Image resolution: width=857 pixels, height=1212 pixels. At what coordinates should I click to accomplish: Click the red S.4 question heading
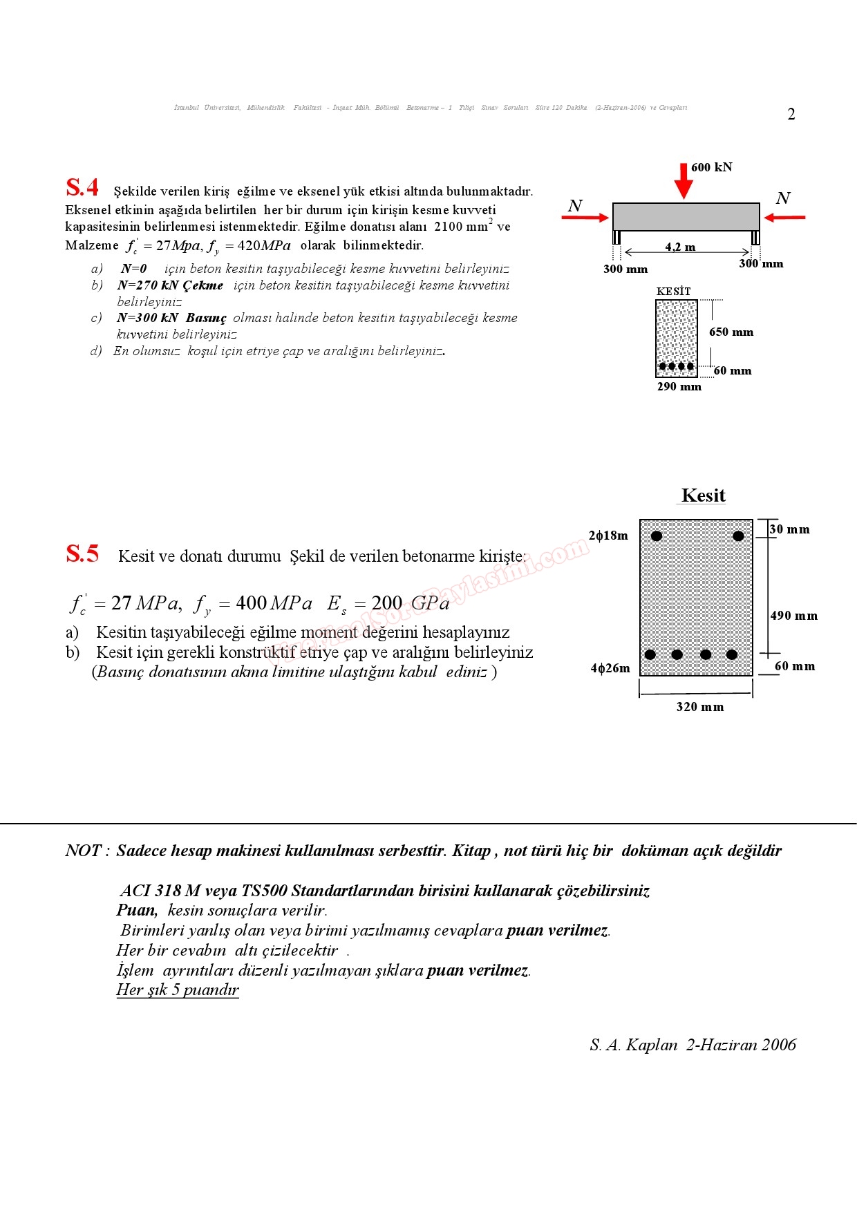pyautogui.click(x=82, y=188)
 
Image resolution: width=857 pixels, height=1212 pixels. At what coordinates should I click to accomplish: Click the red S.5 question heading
pyautogui.click(x=82, y=554)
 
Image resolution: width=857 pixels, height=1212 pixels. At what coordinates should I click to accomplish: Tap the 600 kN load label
pyautogui.click(x=711, y=167)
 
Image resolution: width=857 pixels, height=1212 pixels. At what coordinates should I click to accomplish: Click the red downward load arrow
pyautogui.click(x=684, y=181)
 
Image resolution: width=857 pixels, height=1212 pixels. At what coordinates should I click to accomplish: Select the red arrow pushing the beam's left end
pyautogui.click(x=585, y=218)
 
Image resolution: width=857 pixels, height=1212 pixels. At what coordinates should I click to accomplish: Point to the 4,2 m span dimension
pyautogui.click(x=680, y=247)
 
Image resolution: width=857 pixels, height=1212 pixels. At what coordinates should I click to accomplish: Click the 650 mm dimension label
pyautogui.click(x=731, y=332)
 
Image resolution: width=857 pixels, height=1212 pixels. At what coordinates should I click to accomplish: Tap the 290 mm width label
pyautogui.click(x=679, y=387)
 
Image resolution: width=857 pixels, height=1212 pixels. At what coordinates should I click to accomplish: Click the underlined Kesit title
pyautogui.click(x=703, y=495)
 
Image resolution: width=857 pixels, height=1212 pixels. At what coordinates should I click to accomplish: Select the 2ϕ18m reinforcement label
pyautogui.click(x=608, y=536)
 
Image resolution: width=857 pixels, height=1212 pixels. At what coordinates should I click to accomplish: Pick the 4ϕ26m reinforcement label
pyautogui.click(x=610, y=668)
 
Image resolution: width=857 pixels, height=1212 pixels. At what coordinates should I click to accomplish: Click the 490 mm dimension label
pyautogui.click(x=794, y=616)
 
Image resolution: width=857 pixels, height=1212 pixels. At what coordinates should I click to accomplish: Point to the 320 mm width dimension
pyautogui.click(x=699, y=707)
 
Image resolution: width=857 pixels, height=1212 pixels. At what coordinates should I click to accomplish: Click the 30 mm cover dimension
pyautogui.click(x=790, y=529)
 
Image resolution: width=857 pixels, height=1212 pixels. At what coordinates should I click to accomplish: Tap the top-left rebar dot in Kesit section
pyautogui.click(x=657, y=536)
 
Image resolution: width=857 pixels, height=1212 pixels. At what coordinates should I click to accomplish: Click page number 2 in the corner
pyautogui.click(x=791, y=115)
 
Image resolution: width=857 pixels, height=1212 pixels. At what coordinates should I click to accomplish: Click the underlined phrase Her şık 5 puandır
pyautogui.click(x=178, y=990)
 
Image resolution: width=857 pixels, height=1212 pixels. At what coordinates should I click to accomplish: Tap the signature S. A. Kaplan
pyautogui.click(x=633, y=1045)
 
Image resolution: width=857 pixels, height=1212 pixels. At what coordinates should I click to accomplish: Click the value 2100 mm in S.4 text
pyautogui.click(x=461, y=227)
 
